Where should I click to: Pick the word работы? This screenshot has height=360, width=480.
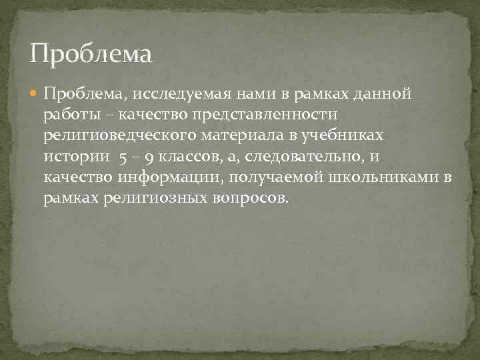click(70, 115)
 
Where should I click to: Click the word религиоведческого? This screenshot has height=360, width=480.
click(119, 137)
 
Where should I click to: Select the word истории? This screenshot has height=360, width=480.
click(71, 158)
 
